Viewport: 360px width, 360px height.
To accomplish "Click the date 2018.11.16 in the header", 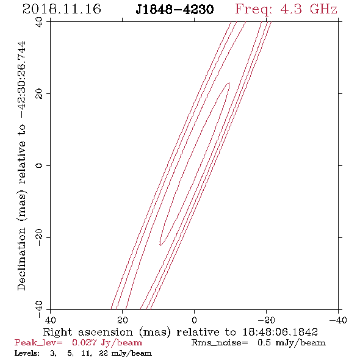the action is tap(62, 9).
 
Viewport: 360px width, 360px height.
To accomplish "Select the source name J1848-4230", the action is tap(175, 10).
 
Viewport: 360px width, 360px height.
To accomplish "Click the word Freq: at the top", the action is tap(254, 10).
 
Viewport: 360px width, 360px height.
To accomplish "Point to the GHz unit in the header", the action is tap(323, 9).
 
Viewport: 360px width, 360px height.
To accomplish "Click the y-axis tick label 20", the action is tap(39, 94).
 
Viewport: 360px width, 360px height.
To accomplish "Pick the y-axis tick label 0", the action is tap(39, 165).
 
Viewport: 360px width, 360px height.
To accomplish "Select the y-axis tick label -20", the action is tap(39, 237).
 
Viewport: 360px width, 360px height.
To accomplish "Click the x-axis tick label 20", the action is tap(122, 320).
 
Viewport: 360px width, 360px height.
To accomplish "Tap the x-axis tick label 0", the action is tap(194, 320).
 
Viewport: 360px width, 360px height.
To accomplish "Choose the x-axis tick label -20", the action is tap(266, 320).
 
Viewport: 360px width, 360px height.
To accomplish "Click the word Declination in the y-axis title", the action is tap(21, 259).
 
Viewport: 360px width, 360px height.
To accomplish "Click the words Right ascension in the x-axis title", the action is tap(88, 332).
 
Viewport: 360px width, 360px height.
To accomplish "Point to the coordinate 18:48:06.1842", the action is tap(280, 332).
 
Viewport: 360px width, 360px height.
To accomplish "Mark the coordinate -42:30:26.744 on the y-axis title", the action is tap(22, 79).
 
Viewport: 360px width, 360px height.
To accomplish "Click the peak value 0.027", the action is tap(84, 342).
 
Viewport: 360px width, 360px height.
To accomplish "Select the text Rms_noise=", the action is tap(220, 343).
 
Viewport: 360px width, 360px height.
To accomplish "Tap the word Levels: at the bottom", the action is tap(27, 353).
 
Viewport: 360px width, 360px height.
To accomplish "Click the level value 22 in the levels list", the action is tap(104, 353).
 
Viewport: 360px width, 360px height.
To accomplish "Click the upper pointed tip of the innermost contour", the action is tap(229, 83).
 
